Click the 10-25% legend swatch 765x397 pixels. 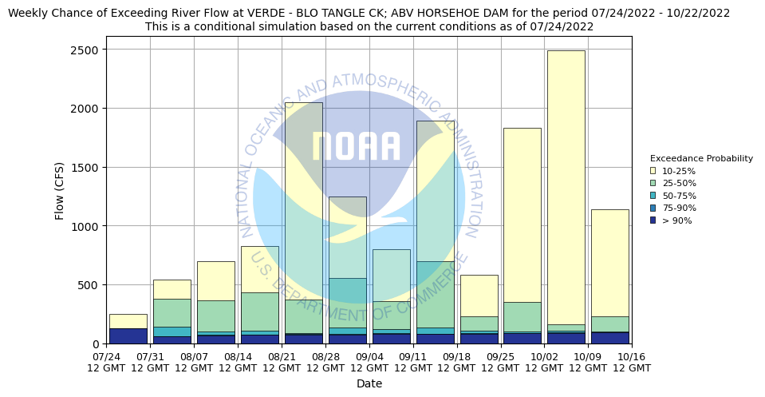pos(653,171)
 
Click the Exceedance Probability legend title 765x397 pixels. pos(701,158)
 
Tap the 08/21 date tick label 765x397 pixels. pos(282,362)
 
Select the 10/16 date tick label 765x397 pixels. pos(632,362)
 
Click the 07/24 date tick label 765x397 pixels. pos(107,362)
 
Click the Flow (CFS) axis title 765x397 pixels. pos(60,190)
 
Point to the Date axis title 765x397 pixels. pos(369,384)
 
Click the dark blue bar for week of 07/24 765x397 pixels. pos(128,336)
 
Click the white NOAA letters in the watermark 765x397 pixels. pos(357,147)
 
